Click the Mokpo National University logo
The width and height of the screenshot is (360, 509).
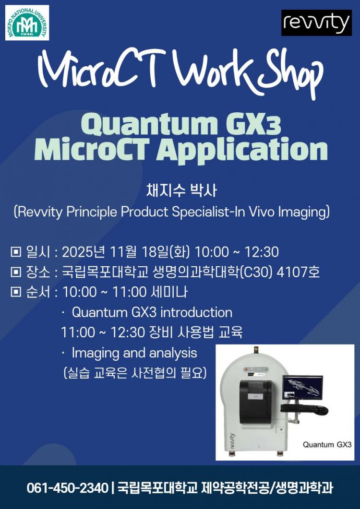coord(27,23)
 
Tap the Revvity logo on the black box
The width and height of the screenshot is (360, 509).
coord(316,23)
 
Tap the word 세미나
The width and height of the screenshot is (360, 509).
coord(169,292)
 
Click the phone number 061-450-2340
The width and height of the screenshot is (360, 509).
coord(67,488)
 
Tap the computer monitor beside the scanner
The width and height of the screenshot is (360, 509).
coord(302,388)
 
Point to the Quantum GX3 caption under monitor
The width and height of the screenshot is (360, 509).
coord(327,444)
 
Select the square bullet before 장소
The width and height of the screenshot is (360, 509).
coord(15,272)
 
